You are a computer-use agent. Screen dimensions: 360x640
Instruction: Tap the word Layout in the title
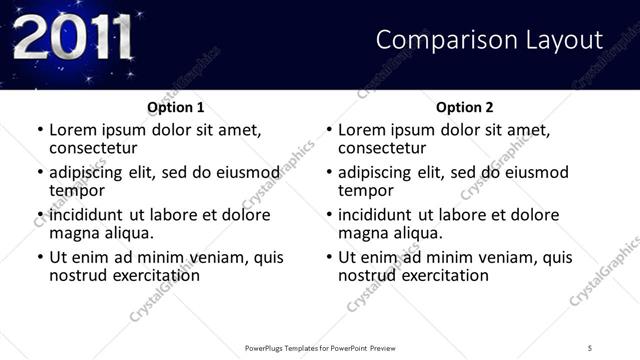coord(560,40)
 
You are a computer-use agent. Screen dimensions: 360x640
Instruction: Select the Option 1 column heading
coord(176,107)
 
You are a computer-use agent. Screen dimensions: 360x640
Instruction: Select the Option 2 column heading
coord(465,107)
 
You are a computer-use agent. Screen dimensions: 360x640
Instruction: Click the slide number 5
coord(590,348)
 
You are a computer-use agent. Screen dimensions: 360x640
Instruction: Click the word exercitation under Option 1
coord(146,275)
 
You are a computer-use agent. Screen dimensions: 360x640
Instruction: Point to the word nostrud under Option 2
coord(368,275)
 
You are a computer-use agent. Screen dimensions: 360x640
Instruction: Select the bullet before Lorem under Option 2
coord(328,130)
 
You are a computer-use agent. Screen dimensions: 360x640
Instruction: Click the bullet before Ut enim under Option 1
coord(39,257)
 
